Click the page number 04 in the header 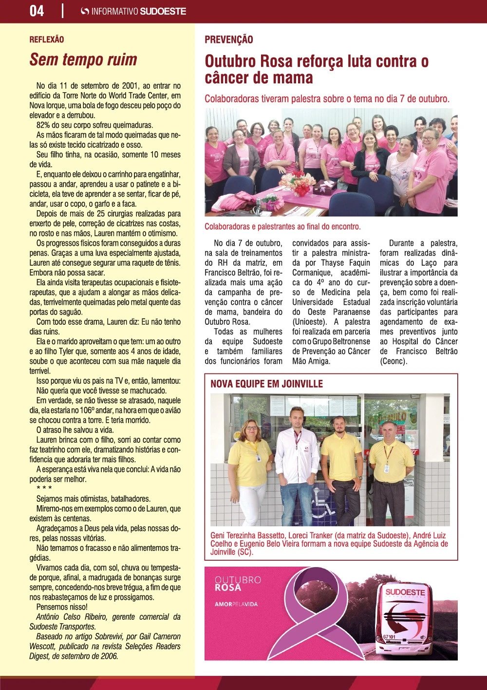(x=37, y=11)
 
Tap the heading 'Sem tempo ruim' (x=83, y=60)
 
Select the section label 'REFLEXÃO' (x=47, y=39)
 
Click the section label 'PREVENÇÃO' (x=229, y=40)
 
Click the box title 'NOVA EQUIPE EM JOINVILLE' (x=266, y=384)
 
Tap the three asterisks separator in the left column (x=44, y=489)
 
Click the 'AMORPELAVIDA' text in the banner (x=236, y=604)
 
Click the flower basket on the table (x=297, y=181)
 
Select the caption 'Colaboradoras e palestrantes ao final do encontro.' (x=282, y=227)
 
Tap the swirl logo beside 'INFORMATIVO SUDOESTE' (x=85, y=11)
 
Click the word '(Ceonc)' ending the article (x=393, y=361)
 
